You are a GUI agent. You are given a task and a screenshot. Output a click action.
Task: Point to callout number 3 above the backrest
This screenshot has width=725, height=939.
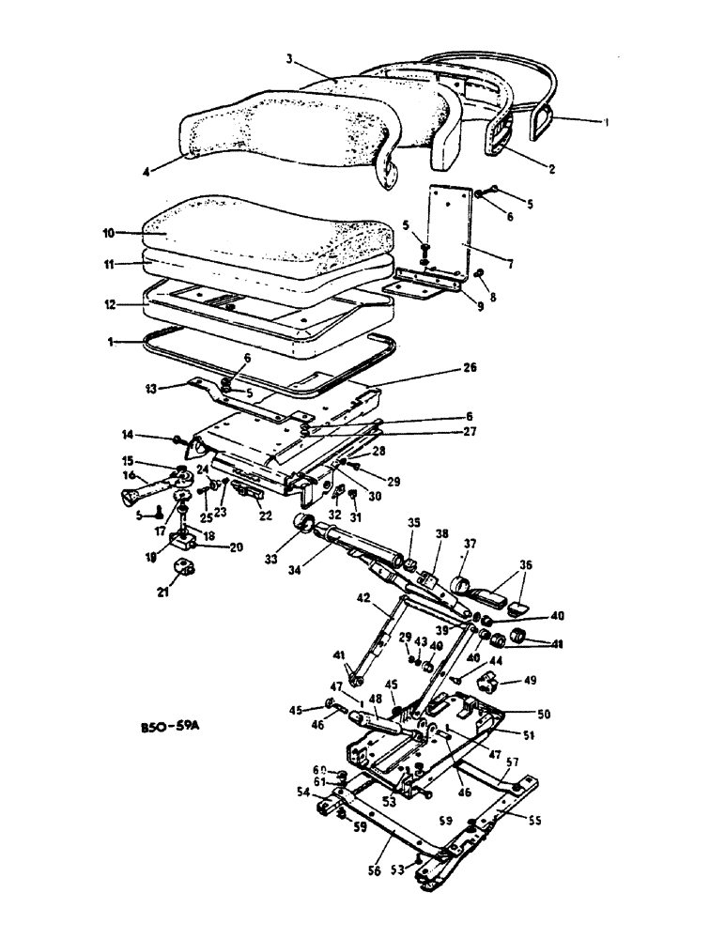tap(291, 59)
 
